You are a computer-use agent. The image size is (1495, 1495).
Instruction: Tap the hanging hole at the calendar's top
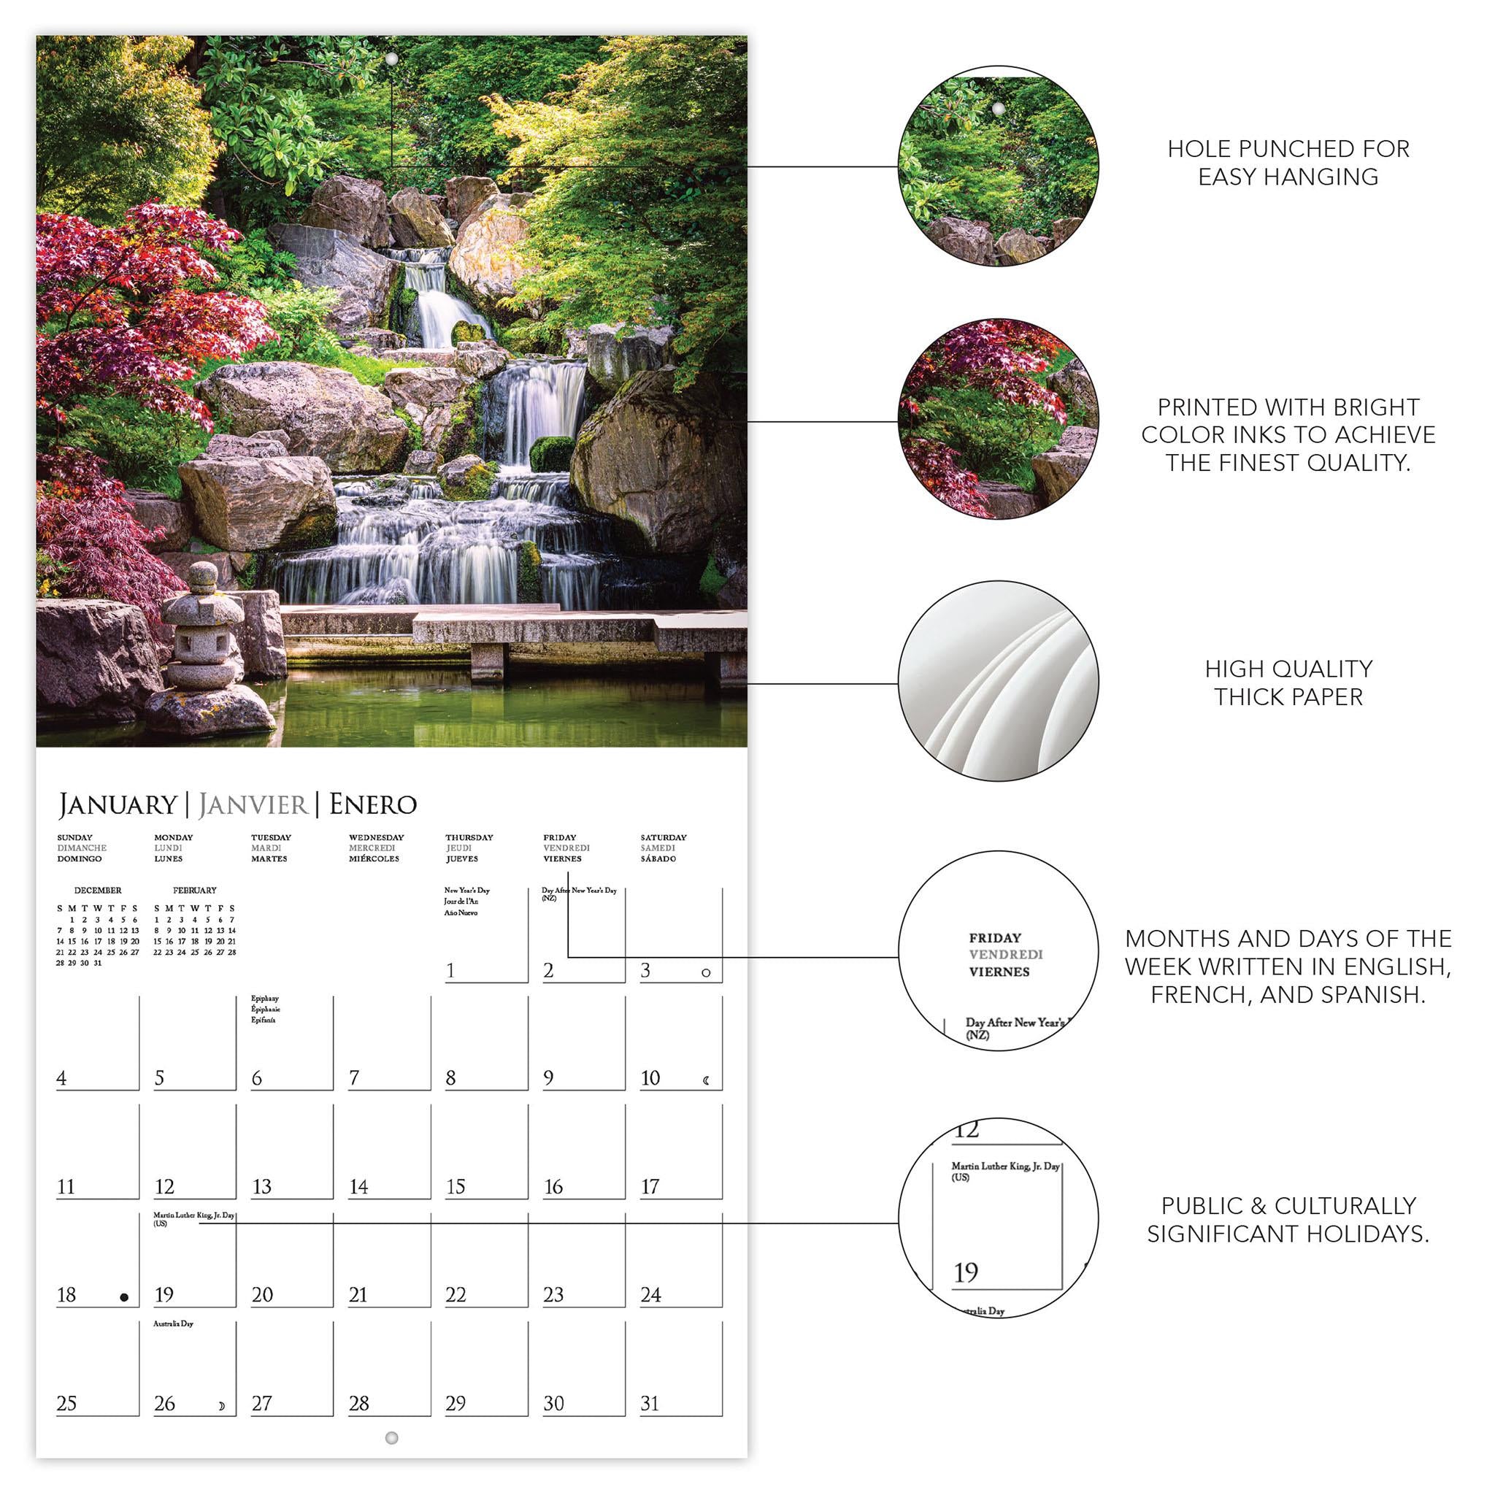click(x=391, y=60)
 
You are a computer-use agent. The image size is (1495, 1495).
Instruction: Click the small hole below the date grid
click(x=391, y=1438)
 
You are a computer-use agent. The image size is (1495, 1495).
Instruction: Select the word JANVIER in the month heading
click(x=253, y=804)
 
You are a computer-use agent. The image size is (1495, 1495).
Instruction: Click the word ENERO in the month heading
click(x=373, y=804)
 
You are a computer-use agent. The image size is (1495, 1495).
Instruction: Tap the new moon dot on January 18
click(x=124, y=1298)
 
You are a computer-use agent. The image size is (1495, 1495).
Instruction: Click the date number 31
click(x=650, y=1404)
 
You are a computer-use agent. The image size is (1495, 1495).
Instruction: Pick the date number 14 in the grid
click(x=358, y=1187)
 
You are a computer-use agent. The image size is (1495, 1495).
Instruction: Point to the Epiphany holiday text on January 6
click(x=265, y=999)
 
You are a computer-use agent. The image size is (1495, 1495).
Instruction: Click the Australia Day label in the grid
click(x=173, y=1324)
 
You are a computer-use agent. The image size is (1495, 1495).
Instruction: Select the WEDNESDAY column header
click(x=376, y=837)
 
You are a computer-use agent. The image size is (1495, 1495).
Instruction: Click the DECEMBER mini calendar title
click(x=98, y=891)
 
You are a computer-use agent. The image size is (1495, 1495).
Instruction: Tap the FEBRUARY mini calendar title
click(x=194, y=891)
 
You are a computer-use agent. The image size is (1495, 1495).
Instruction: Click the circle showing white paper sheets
click(x=997, y=681)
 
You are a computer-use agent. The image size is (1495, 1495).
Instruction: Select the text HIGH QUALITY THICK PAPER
click(x=1288, y=683)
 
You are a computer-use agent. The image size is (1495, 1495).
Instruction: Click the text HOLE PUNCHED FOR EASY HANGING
click(x=1288, y=163)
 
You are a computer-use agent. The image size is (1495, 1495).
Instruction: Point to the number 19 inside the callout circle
click(x=966, y=1273)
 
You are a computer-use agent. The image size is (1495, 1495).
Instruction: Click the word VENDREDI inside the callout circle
click(x=1005, y=955)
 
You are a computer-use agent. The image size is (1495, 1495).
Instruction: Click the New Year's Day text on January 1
click(x=466, y=891)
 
